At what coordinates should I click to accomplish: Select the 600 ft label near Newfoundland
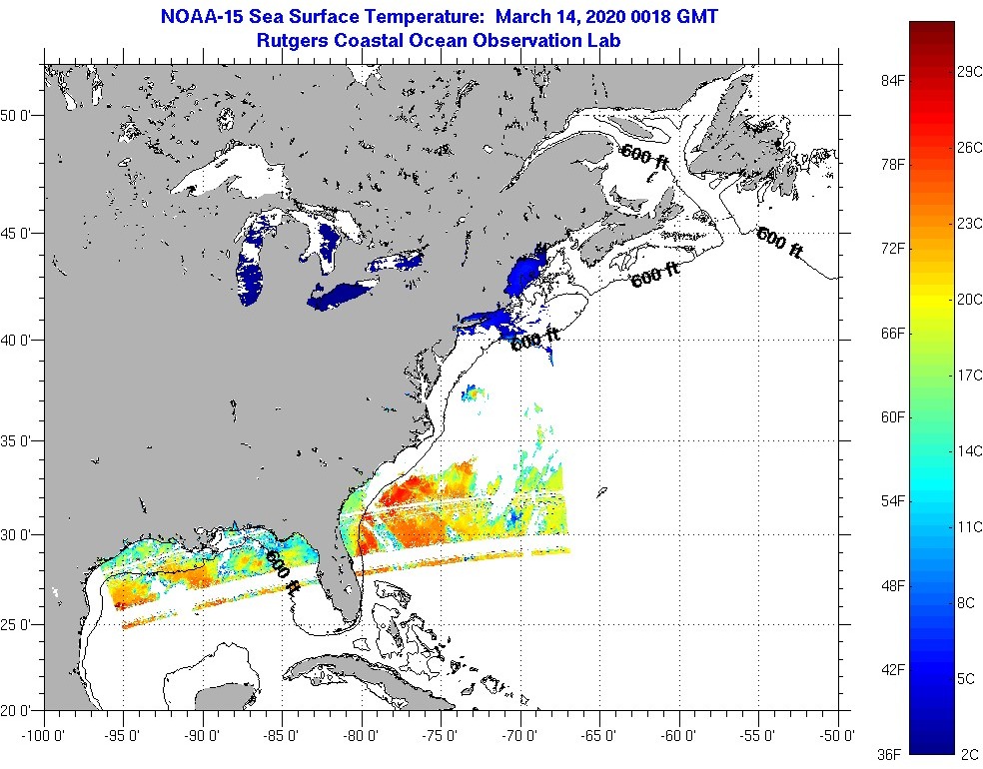click(779, 244)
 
